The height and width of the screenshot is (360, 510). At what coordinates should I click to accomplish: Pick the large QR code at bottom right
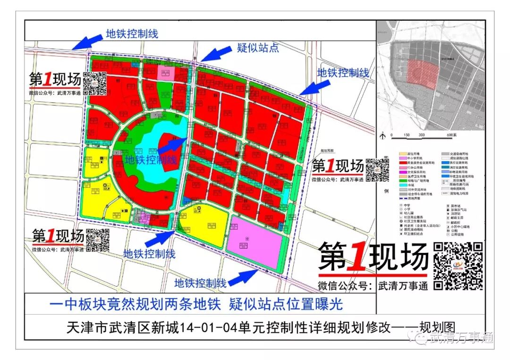click(458, 266)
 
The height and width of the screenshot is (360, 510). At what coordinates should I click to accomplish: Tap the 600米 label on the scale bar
click(449, 135)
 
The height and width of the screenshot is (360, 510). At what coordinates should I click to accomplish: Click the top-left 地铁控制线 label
click(132, 33)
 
